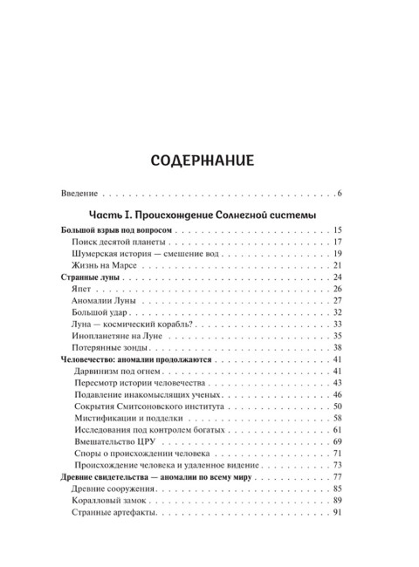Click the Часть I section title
point(203,215)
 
